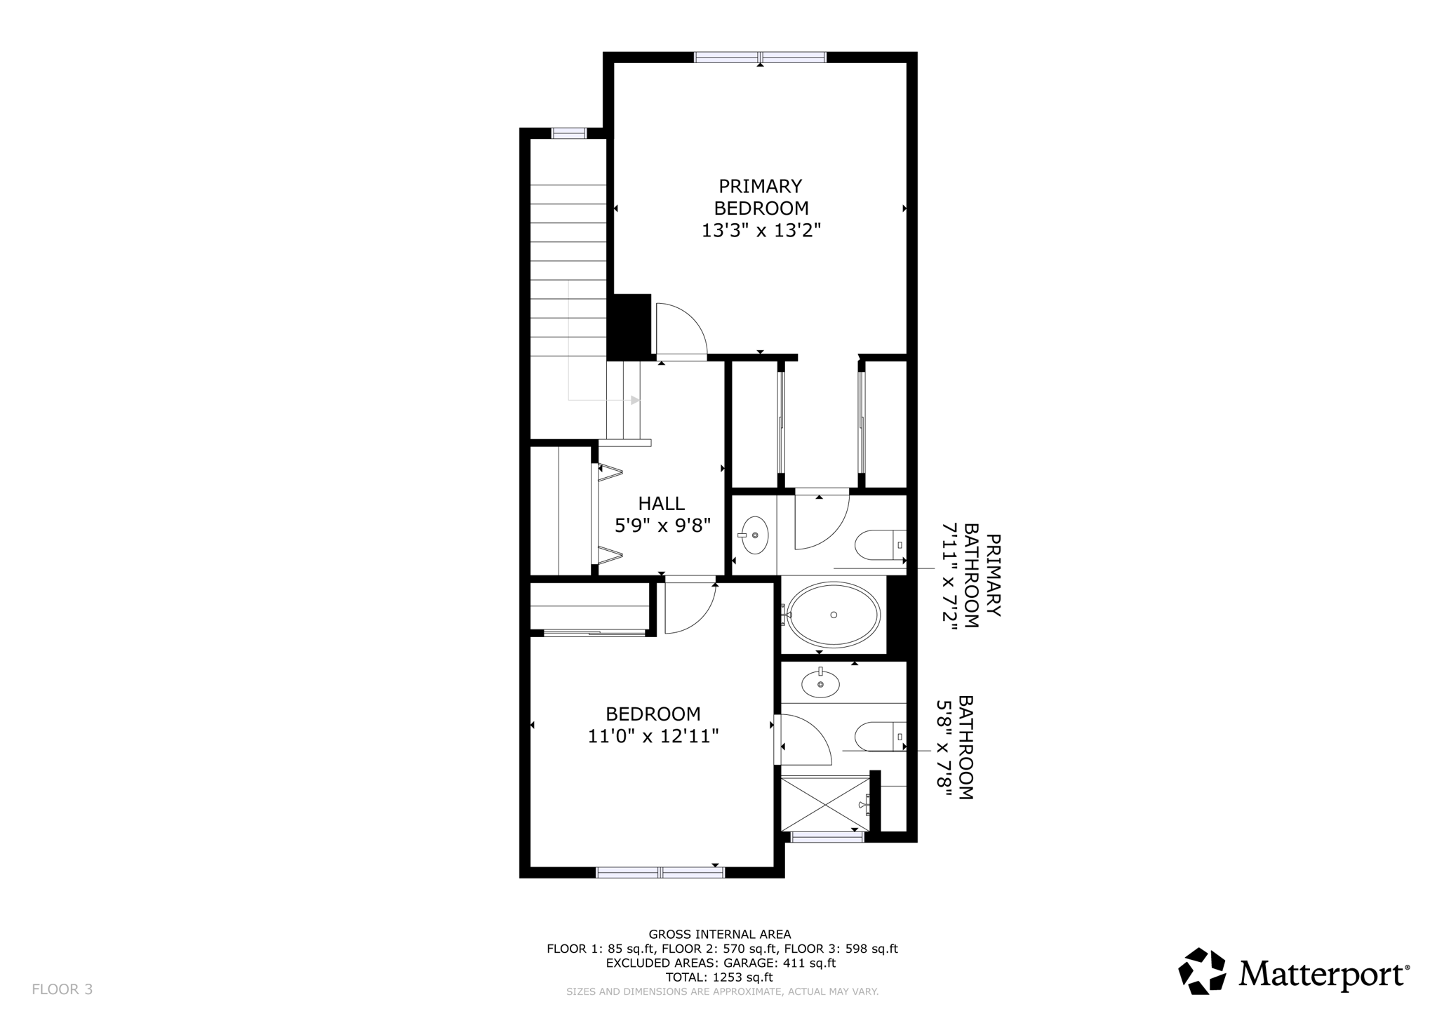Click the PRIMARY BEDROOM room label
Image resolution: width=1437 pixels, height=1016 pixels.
(761, 208)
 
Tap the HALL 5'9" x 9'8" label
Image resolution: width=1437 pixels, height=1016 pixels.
(662, 514)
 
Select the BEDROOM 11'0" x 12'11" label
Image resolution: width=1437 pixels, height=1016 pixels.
(653, 725)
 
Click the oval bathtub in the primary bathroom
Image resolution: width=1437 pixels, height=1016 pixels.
(832, 615)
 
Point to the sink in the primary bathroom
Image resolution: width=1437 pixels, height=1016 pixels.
(754, 535)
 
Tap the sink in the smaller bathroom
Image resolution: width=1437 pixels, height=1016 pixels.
(820, 683)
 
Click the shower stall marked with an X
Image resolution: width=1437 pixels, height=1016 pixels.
(824, 803)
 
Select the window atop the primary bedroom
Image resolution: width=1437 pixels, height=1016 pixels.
(760, 58)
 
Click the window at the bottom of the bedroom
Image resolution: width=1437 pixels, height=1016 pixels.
(660, 872)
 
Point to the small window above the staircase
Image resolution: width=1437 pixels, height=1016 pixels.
(568, 133)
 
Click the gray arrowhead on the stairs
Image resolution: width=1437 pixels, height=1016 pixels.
(635, 400)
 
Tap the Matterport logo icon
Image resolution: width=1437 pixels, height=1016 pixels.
(1202, 971)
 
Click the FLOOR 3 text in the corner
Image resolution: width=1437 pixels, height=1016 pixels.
(62, 989)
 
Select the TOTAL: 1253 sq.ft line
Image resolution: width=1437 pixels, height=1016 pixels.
(719, 977)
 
